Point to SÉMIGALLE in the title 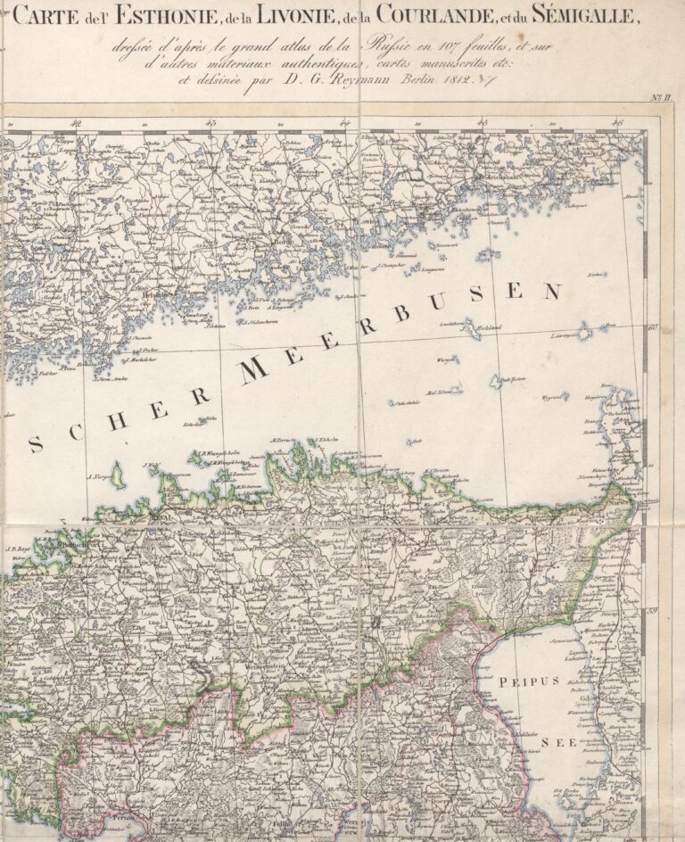pyautogui.click(x=590, y=15)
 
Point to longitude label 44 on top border pyautogui.click(x=344, y=125)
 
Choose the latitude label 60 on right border pyautogui.click(x=652, y=327)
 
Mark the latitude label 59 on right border pyautogui.click(x=652, y=611)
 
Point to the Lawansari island pyautogui.click(x=568, y=335)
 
